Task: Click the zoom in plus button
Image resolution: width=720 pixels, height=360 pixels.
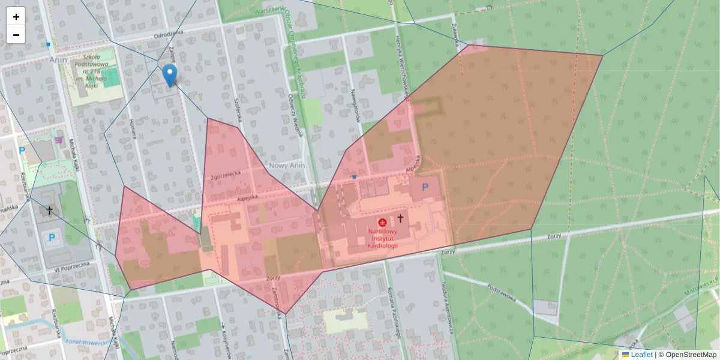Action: tap(16, 17)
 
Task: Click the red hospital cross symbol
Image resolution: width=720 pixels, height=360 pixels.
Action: tap(382, 222)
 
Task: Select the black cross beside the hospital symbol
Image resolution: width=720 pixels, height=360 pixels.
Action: tap(400, 218)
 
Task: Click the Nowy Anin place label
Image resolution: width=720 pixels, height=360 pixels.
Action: tap(288, 166)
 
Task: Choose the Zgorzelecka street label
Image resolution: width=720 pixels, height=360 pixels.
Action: tap(226, 175)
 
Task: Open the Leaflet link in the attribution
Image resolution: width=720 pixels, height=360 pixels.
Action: tap(641, 355)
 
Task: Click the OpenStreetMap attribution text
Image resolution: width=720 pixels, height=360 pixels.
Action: tap(691, 355)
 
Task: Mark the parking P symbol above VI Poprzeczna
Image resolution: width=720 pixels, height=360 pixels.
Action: tap(52, 238)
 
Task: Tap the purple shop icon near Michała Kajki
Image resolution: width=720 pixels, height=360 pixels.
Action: tap(58, 140)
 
